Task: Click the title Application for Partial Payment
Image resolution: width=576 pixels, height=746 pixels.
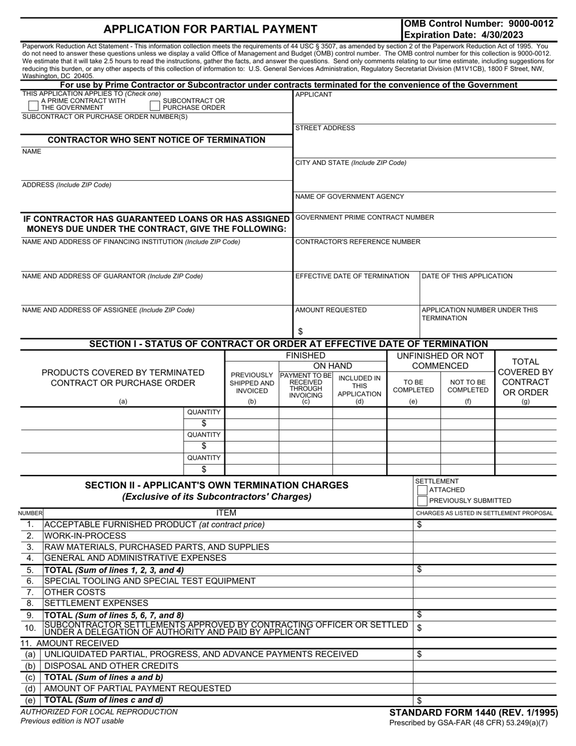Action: pos(210,29)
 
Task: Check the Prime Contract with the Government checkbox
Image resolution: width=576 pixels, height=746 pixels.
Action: pos(34,105)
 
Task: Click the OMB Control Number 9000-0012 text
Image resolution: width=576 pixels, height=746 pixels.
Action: pos(478,24)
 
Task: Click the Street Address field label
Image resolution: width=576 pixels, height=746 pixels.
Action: pos(325,128)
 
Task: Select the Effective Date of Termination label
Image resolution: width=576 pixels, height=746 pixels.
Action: pos(352,276)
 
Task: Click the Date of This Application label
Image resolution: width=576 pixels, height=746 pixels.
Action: pos(466,276)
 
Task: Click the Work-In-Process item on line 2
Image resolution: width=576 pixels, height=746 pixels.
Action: pos(85,536)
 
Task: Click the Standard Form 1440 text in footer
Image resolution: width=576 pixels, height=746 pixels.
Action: pos(473,713)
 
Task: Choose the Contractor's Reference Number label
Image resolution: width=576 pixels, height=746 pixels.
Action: pos(357,242)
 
